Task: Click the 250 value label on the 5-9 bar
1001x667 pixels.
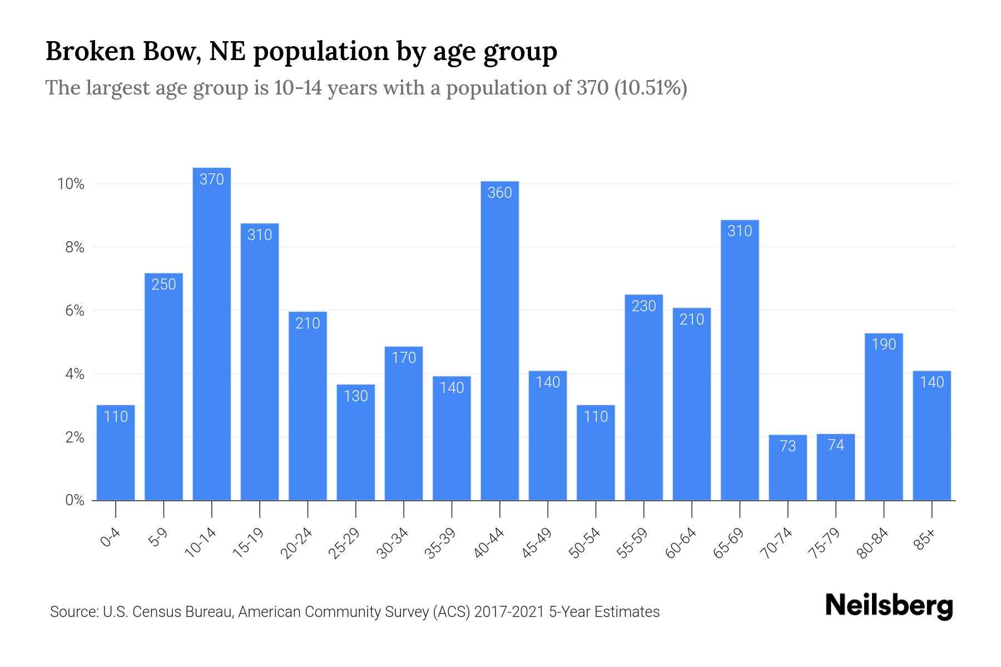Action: [163, 285]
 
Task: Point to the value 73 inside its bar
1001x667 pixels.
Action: [787, 446]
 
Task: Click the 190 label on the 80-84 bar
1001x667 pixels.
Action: [884, 345]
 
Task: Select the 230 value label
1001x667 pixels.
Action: [643, 306]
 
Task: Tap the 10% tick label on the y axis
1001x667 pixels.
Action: [71, 184]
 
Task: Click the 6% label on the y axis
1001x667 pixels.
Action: [75, 311]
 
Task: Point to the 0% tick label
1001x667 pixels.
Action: [75, 500]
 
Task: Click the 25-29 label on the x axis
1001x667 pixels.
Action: [344, 543]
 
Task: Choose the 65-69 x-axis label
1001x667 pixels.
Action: [728, 543]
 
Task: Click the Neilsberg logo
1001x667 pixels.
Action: [889, 606]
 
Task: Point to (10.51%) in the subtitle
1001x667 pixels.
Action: [650, 88]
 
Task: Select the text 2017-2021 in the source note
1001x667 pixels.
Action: [509, 612]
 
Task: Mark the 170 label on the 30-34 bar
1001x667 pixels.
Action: [404, 358]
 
